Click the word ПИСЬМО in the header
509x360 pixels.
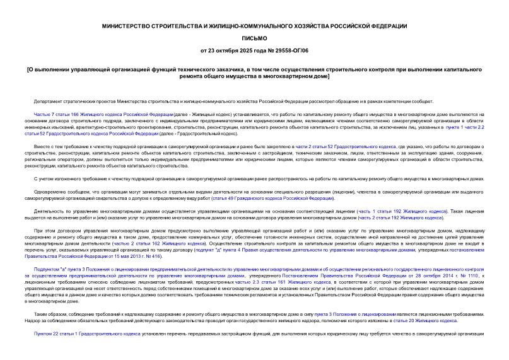(254, 38)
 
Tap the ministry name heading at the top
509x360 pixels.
(254, 26)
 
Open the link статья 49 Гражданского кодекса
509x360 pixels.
(272, 198)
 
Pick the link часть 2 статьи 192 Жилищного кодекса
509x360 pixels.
(399, 218)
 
